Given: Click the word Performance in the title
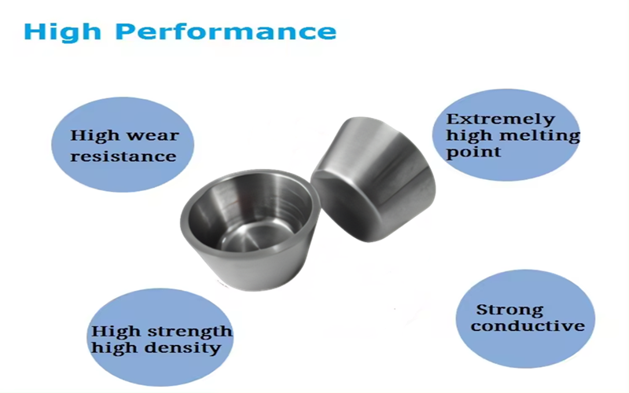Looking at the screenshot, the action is [226, 31].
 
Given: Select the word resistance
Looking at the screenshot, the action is [123, 156].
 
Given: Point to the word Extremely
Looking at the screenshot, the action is [501, 119].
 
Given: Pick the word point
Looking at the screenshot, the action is [473, 152].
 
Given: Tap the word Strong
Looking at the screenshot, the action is [509, 310].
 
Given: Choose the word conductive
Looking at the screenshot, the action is [528, 325].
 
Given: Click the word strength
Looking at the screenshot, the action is [189, 331].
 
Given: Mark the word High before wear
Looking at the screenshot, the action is [95, 136].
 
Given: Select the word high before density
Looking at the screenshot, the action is [116, 347].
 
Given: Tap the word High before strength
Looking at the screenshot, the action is [116, 332].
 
